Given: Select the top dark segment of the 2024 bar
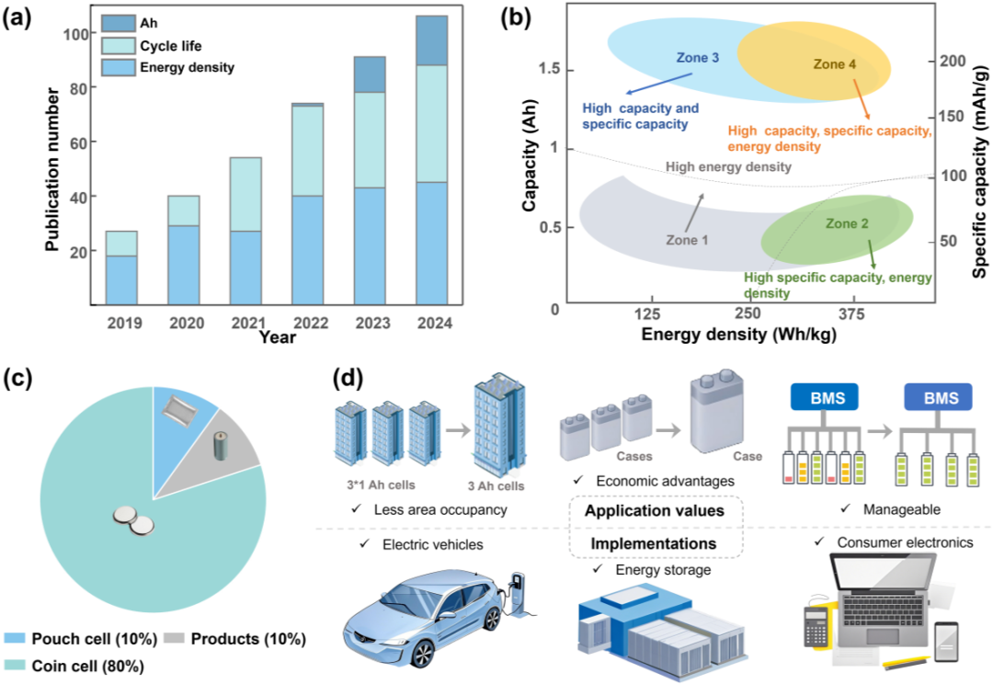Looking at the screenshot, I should (431, 40).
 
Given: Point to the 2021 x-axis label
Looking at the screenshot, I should (247, 324).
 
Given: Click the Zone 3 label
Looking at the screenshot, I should (698, 58).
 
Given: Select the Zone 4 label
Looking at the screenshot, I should (835, 64).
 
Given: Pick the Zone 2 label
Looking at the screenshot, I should (847, 223).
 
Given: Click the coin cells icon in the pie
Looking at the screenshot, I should (134, 519).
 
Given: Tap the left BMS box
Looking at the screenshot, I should (825, 399).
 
